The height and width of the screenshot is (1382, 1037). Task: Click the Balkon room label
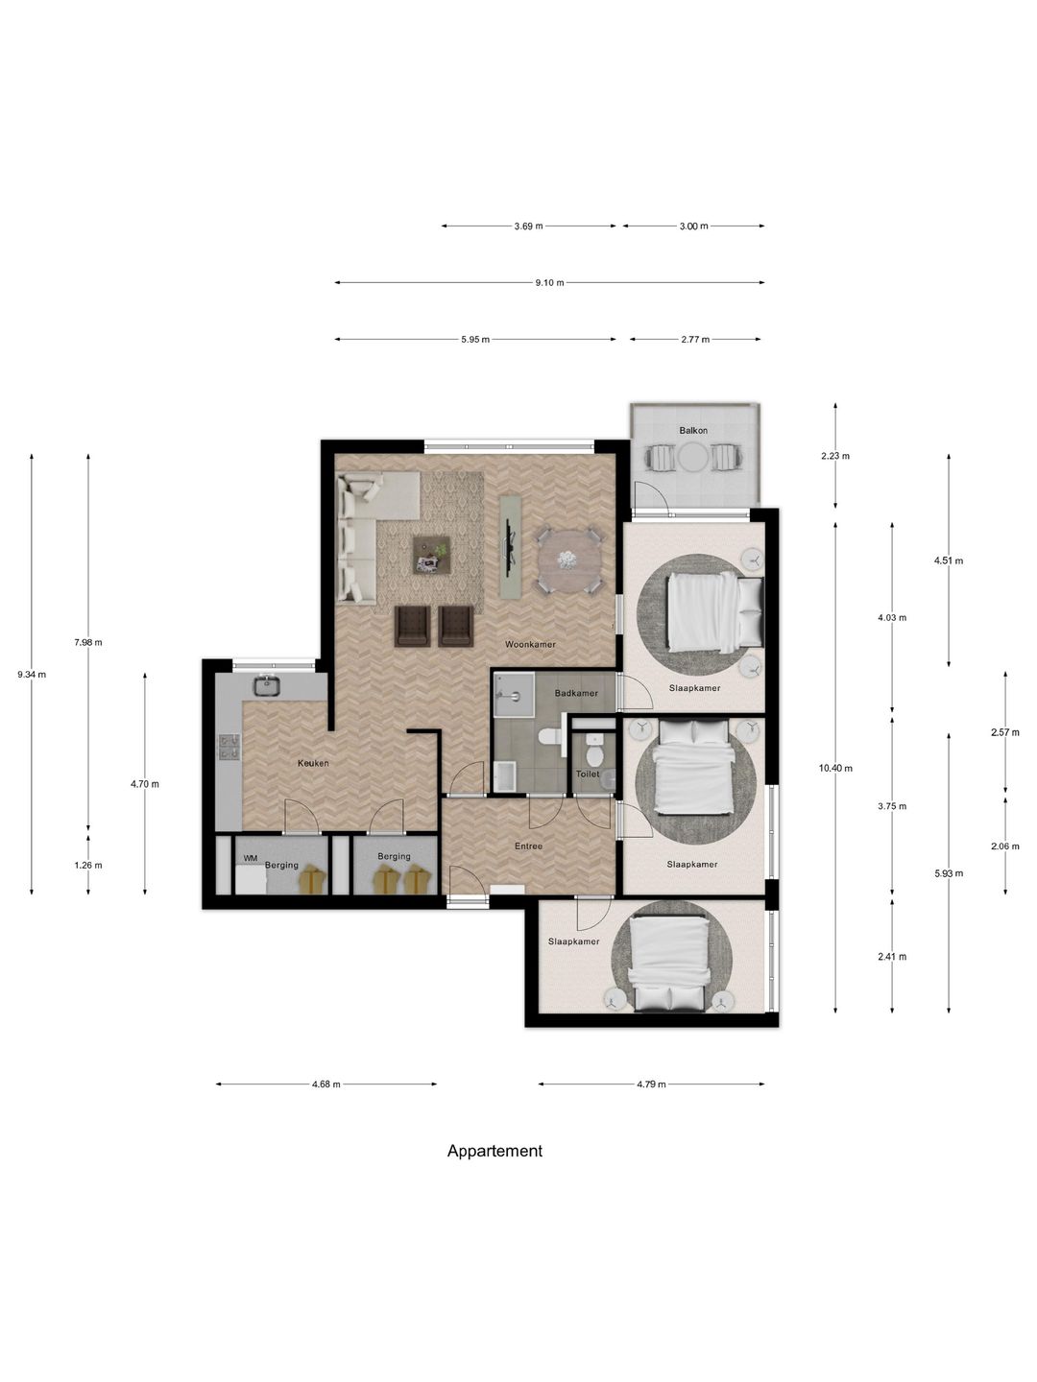click(692, 431)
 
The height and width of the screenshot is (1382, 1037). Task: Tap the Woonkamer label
click(530, 645)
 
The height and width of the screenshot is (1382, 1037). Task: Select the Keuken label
click(313, 763)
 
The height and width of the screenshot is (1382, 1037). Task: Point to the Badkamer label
click(576, 693)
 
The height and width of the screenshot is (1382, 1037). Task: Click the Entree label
click(528, 846)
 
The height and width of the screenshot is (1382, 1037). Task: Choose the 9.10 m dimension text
click(549, 283)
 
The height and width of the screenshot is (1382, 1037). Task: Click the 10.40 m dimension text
click(835, 768)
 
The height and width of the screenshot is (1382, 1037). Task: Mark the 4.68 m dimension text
click(326, 1084)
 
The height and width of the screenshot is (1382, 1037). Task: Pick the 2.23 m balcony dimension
click(835, 456)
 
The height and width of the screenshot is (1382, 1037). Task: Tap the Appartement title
click(494, 1151)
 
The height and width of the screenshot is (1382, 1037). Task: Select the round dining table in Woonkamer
click(568, 560)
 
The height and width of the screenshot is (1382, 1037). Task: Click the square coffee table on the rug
click(432, 555)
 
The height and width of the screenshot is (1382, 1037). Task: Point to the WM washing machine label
click(250, 858)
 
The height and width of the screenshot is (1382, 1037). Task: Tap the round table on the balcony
click(692, 457)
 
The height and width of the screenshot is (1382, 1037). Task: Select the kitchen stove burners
click(229, 748)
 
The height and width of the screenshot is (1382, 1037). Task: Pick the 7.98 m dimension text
click(88, 643)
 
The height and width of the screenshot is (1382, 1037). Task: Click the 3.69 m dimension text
click(528, 226)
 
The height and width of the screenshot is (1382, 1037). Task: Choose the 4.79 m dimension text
click(651, 1084)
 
